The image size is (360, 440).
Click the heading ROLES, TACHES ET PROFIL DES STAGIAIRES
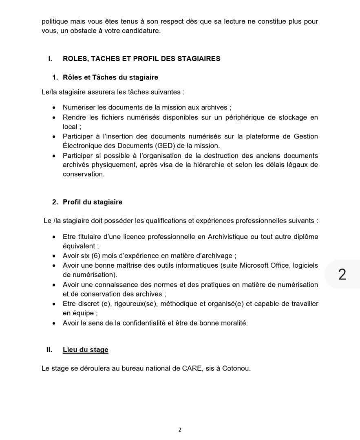click(141, 58)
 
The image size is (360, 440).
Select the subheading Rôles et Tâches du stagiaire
click(110, 77)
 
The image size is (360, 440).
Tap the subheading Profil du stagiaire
click(92, 202)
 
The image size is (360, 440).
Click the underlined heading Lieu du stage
click(85, 350)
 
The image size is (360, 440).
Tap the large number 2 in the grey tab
click(342, 274)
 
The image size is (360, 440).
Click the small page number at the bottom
click(180, 429)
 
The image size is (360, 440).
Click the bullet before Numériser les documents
click(54, 108)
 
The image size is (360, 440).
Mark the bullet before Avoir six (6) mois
click(54, 256)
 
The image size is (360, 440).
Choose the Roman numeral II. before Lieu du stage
click(49, 350)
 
